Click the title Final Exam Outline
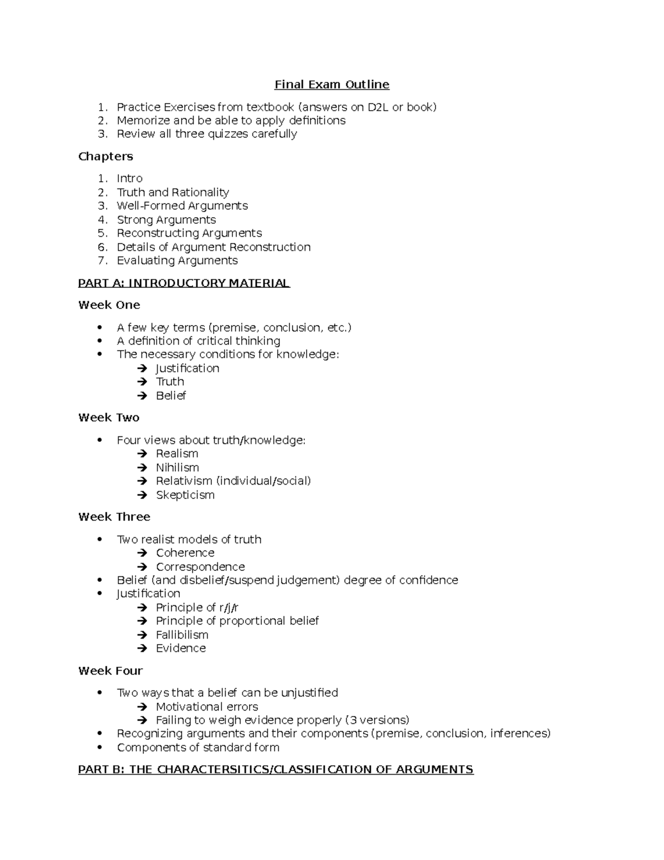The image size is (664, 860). (x=332, y=85)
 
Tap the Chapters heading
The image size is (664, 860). (x=106, y=156)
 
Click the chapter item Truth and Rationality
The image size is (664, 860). (x=173, y=192)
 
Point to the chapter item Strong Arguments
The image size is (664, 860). (x=166, y=219)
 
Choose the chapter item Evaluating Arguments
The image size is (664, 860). (x=177, y=260)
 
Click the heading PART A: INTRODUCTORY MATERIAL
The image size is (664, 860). (x=184, y=283)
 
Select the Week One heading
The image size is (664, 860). (x=109, y=305)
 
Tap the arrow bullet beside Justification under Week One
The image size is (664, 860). (x=143, y=368)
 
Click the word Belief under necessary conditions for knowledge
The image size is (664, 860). (x=170, y=395)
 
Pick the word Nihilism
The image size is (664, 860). (x=177, y=467)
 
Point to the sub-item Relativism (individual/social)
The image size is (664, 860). (x=233, y=481)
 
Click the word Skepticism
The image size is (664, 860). (x=185, y=495)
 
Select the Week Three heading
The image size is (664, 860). (x=114, y=517)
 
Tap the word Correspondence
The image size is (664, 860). (x=200, y=567)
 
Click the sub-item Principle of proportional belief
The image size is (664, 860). (x=237, y=621)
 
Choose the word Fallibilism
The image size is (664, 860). (x=182, y=635)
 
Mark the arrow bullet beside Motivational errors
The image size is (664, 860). (x=143, y=707)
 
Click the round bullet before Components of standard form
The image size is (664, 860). (x=100, y=748)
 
